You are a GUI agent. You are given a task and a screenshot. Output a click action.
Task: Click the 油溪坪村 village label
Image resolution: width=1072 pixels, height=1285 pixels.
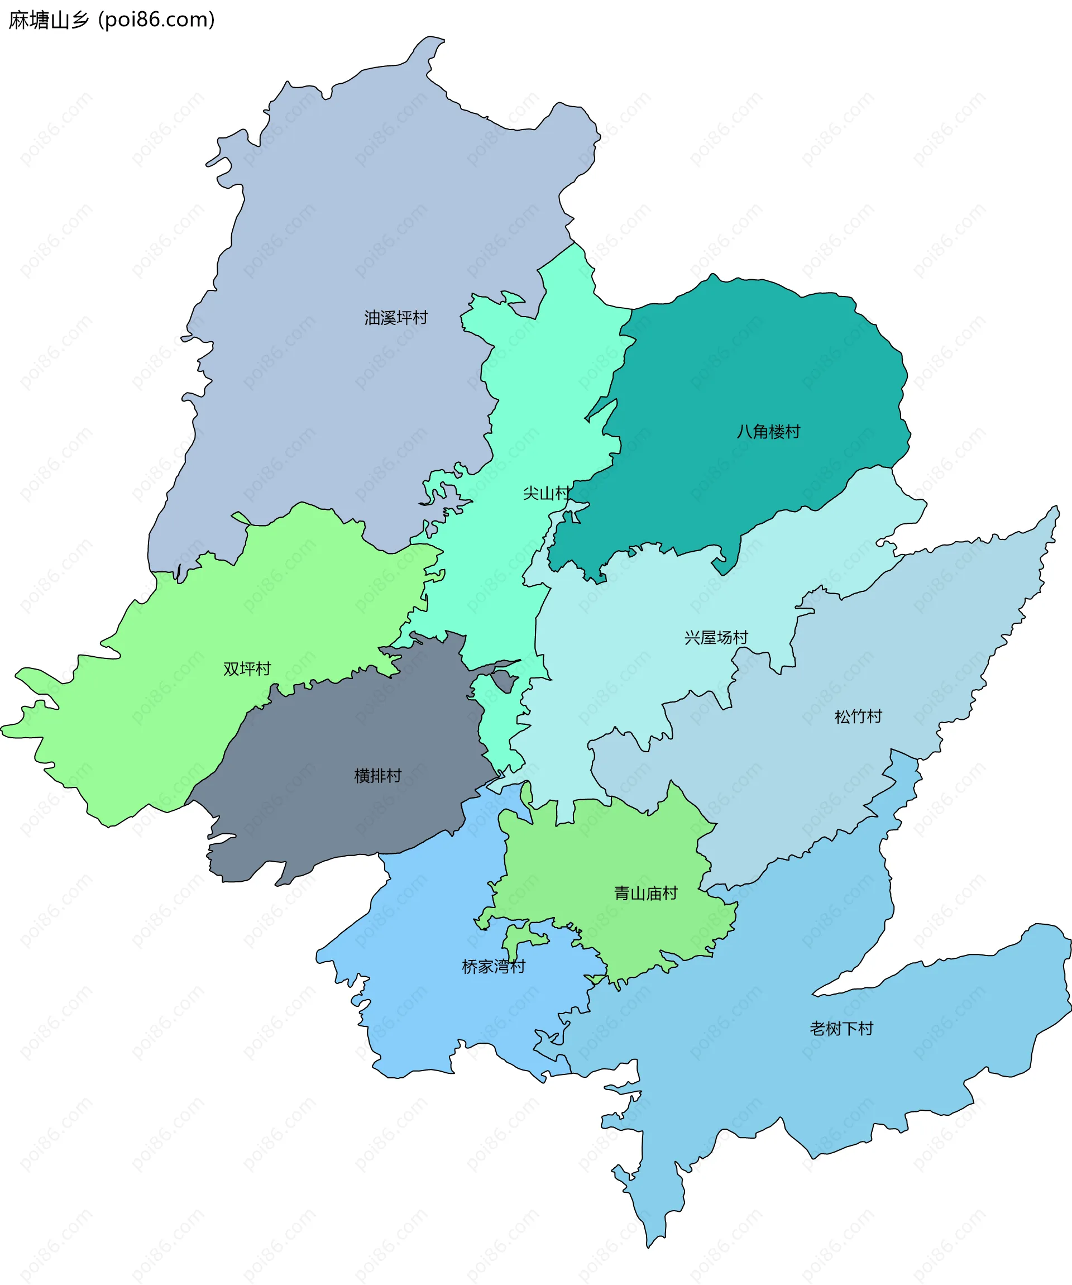coord(396,318)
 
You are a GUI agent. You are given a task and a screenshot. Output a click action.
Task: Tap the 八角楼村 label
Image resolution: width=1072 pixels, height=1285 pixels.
coord(768,432)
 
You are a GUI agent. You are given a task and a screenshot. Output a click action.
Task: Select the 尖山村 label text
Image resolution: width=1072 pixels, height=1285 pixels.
coord(547,493)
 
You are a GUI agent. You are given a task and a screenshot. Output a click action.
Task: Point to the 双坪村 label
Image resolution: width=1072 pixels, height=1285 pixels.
coord(247,669)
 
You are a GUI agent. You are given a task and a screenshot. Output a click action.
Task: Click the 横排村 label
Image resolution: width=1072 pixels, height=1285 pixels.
coord(377,776)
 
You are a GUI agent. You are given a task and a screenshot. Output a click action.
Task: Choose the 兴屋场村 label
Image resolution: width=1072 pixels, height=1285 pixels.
coord(716,638)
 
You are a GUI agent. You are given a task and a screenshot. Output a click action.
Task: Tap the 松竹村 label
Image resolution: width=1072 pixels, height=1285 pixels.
coord(858,716)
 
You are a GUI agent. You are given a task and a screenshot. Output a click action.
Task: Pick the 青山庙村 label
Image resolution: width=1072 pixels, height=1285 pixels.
coord(645,894)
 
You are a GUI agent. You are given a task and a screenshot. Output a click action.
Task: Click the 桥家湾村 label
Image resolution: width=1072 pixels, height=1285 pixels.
coord(493,967)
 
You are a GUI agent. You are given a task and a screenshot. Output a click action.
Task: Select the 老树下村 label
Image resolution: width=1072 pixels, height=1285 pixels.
coord(841,1029)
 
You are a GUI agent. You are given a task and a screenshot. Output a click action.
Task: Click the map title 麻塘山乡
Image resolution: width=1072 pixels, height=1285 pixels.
coord(49,20)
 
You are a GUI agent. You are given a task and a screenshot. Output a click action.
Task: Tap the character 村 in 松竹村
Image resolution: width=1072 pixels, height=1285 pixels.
coord(874,716)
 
